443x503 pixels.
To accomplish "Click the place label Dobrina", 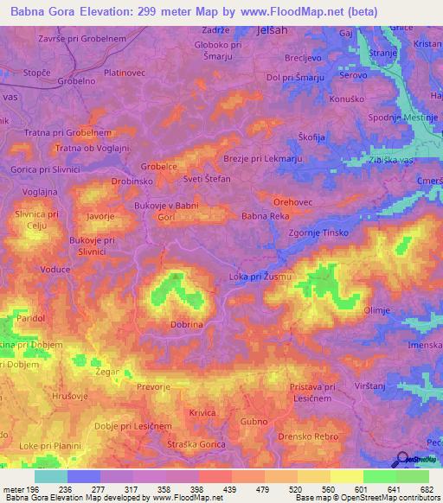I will pos(187,323).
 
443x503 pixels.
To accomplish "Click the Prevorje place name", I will pos(153,388).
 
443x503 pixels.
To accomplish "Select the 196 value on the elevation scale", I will pos(33,488).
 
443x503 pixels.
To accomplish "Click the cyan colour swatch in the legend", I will pos(51,476).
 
